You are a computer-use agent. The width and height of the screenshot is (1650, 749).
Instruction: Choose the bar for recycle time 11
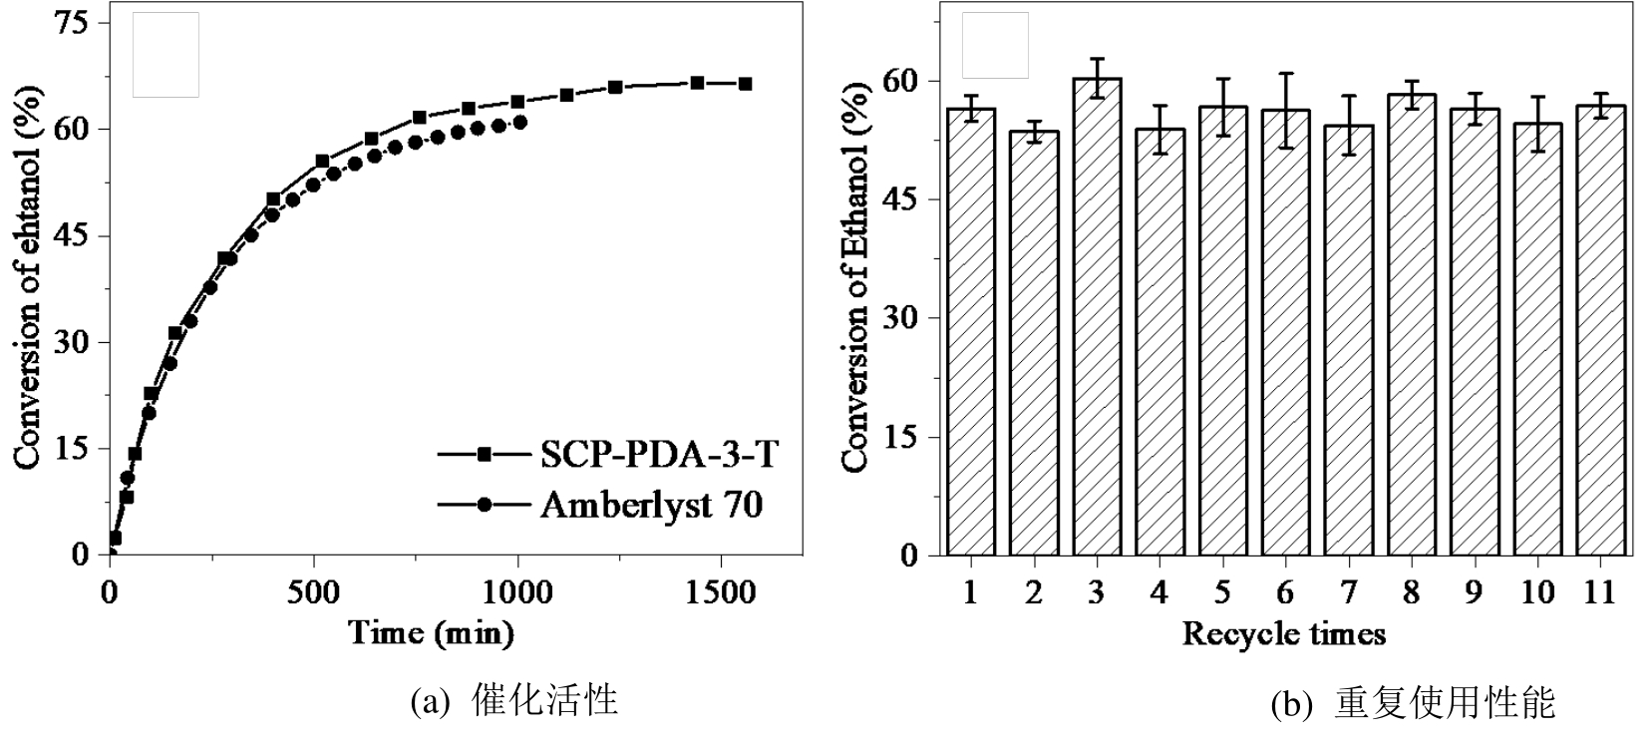point(1600,330)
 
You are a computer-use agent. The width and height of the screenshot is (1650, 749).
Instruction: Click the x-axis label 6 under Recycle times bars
point(1285,592)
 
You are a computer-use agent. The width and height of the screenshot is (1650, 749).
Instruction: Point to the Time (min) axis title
point(431,632)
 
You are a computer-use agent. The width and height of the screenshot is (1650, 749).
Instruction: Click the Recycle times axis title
point(1284,633)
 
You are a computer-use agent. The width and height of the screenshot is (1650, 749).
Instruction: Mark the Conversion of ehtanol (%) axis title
point(27,279)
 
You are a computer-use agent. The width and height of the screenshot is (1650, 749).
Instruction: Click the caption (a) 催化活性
point(513,701)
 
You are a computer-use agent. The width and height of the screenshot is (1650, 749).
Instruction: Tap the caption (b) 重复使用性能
point(1413,704)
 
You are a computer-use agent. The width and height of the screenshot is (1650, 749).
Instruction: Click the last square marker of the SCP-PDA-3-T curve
point(745,84)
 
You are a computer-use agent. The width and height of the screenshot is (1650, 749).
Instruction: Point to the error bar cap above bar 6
point(1286,73)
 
